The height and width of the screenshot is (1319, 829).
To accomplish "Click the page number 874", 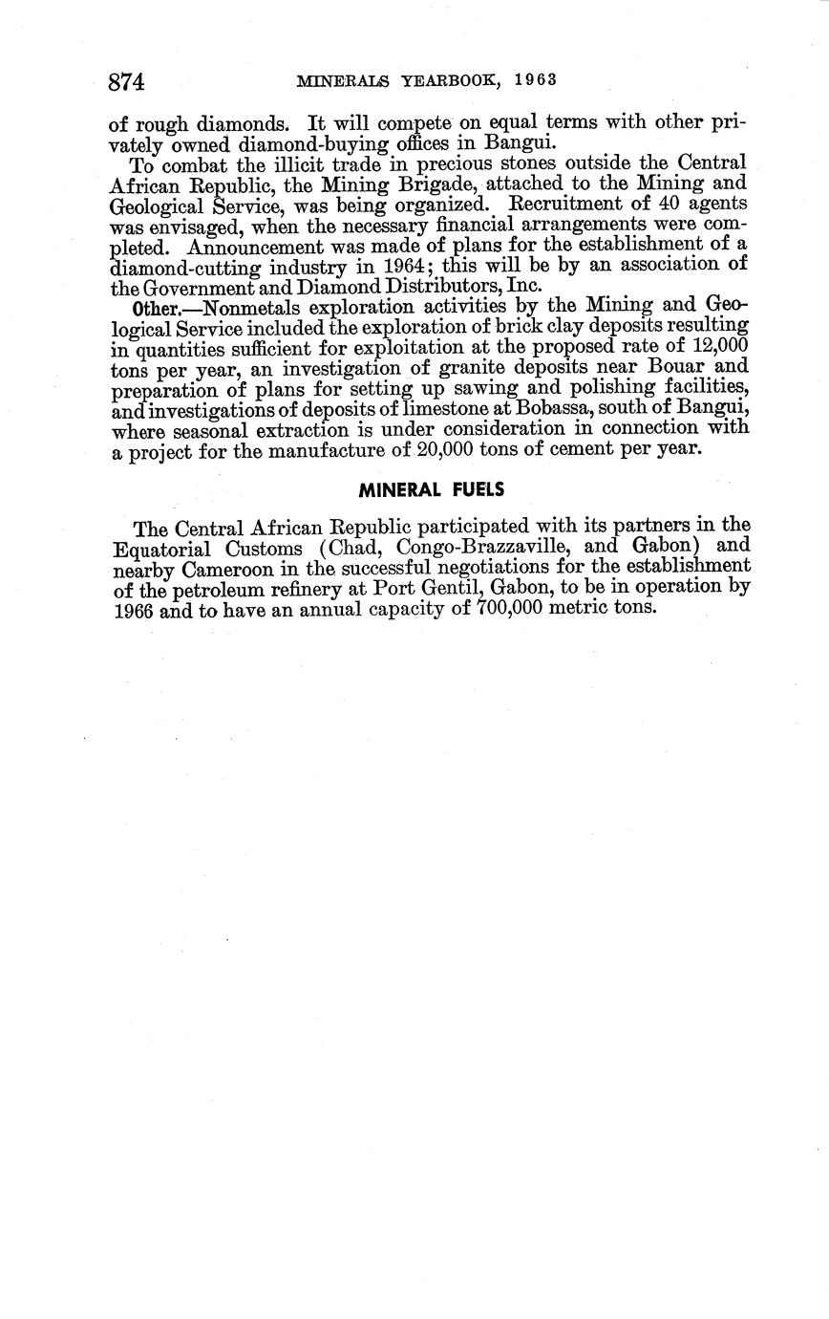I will (x=126, y=82).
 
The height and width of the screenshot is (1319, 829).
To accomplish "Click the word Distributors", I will (x=431, y=285).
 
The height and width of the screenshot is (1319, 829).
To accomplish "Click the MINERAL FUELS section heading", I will (x=431, y=490).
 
